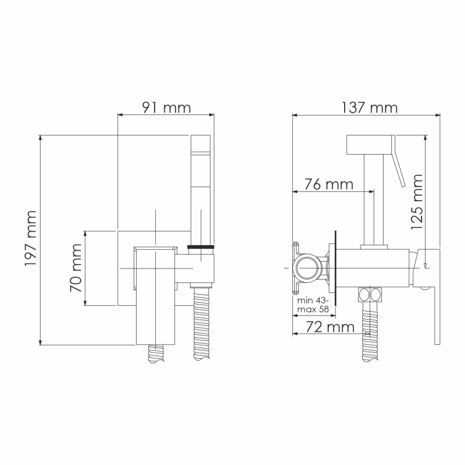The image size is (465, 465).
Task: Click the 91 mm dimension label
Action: click(166, 108)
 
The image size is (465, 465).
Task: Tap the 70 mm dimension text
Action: click(76, 268)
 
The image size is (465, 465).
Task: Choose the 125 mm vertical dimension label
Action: click(416, 202)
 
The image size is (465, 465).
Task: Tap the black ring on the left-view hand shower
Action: click(202, 248)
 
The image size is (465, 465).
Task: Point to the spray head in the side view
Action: click(370, 145)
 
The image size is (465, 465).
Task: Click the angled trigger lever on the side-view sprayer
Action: click(399, 169)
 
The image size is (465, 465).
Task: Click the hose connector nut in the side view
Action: click(369, 294)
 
